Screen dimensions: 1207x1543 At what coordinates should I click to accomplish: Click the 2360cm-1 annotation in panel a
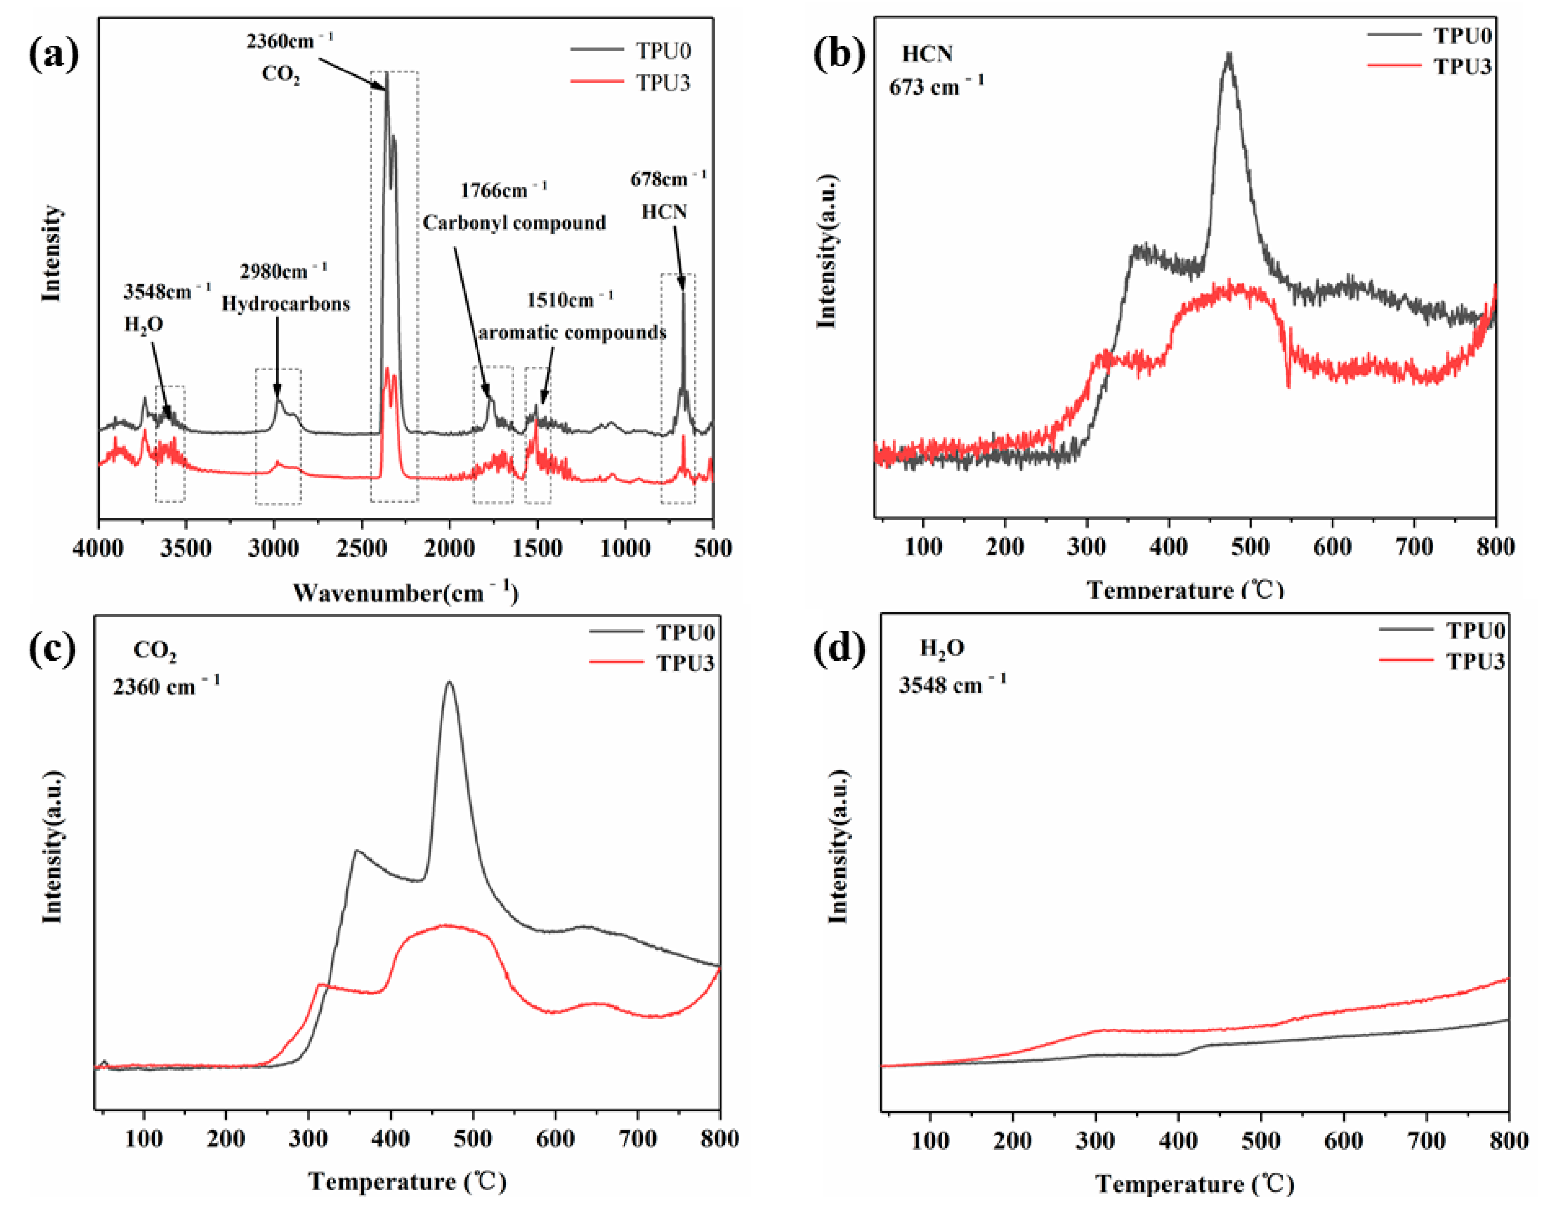point(289,41)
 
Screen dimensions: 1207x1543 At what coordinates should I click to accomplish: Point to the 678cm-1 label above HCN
point(668,179)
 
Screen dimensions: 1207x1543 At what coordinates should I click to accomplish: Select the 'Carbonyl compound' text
point(514,223)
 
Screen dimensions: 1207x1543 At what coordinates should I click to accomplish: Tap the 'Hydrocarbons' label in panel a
point(286,304)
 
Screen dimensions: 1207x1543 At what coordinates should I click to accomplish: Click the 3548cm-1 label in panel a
point(167,291)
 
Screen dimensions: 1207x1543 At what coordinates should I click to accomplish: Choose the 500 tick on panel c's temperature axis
point(472,1138)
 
